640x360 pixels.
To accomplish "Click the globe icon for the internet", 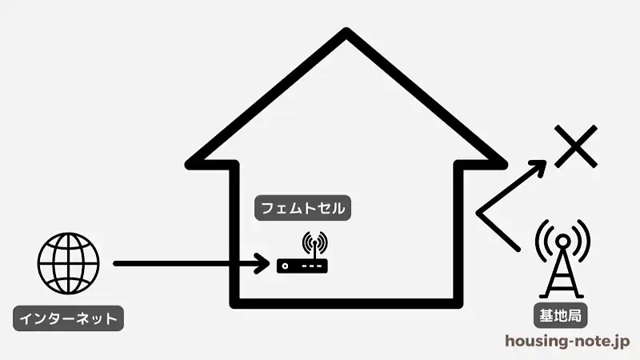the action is click(x=69, y=263).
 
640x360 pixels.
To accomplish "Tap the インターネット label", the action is click(x=69, y=318).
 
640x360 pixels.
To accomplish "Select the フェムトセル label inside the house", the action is click(x=303, y=208).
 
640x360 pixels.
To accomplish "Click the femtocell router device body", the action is click(x=302, y=266).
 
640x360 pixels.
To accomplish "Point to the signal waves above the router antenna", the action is click(x=314, y=242).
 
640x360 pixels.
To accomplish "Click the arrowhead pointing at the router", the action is click(x=262, y=264).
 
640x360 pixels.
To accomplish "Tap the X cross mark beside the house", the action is click(x=576, y=146).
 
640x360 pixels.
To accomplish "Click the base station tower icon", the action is click(x=562, y=258).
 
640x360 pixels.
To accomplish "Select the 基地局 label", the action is click(x=561, y=315).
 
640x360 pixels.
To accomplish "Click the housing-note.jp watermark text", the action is click(x=567, y=342).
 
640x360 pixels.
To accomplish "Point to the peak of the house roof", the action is click(x=346, y=31).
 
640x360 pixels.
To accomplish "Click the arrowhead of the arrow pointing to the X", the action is click(x=538, y=166).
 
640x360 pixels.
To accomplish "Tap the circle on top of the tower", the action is click(x=563, y=242).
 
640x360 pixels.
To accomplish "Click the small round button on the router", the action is click(x=285, y=266).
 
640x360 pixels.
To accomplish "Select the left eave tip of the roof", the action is click(x=189, y=165).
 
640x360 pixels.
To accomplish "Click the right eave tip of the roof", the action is click(x=504, y=165).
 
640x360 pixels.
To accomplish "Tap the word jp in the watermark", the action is click(x=622, y=342).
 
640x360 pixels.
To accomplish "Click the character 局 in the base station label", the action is click(x=574, y=315).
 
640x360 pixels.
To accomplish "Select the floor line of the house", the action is click(x=346, y=303).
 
